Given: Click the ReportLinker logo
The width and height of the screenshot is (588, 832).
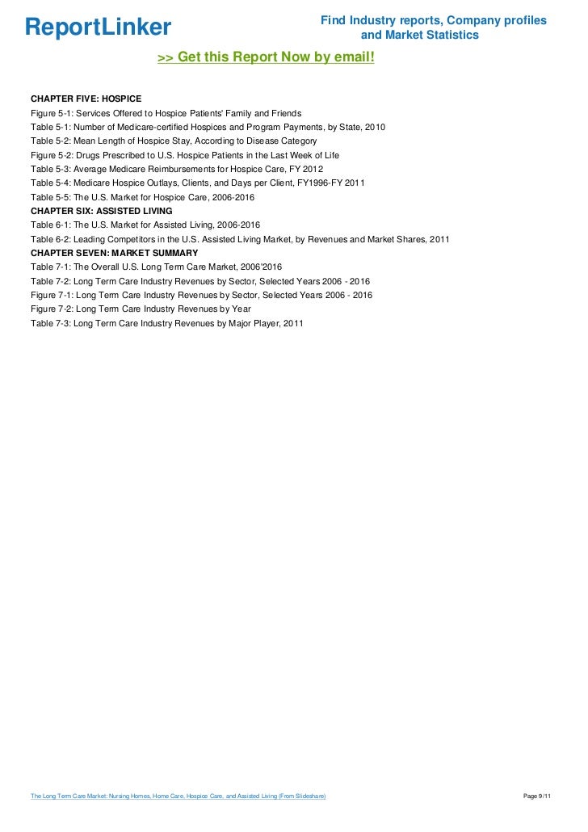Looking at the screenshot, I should pos(98,27).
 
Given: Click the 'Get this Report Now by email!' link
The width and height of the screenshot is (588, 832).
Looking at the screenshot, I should pos(266,58).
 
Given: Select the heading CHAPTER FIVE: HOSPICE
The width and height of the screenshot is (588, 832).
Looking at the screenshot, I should pos(86,99).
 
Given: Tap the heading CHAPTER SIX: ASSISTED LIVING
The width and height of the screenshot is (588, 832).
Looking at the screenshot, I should pos(101,211).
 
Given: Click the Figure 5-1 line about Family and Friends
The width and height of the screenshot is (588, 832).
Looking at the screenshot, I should pos(166,112).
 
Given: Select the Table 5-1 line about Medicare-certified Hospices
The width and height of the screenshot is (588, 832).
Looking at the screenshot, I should pos(208,127).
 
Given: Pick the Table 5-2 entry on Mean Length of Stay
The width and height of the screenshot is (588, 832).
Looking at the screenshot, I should pos(174,141).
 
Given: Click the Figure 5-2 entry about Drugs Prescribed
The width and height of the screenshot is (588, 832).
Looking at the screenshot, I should pos(185,155).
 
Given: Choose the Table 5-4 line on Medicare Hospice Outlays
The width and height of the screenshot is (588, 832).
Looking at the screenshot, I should pos(198,183).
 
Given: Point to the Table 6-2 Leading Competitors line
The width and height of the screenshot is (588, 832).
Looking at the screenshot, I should pos(240,239).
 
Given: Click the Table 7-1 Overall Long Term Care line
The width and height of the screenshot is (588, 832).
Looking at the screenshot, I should pos(157,267).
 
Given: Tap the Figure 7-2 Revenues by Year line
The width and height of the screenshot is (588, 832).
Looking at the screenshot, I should pos(141,309).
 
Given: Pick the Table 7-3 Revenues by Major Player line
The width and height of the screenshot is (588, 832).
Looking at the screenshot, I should pos(166,323).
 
